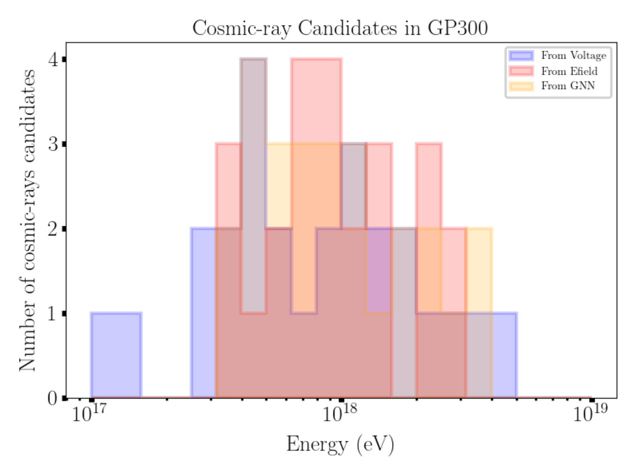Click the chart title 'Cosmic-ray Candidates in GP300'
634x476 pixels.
click(340, 28)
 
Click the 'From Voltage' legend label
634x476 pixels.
click(573, 56)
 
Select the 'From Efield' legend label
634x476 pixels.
click(569, 71)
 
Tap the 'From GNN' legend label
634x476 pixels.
click(568, 86)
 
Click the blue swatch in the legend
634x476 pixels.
click(521, 56)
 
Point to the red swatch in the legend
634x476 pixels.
click(521, 71)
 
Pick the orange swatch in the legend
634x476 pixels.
click(521, 86)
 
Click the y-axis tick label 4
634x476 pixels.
click(53, 60)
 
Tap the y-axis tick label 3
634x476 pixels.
click(53, 144)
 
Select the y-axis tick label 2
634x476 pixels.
click(53, 229)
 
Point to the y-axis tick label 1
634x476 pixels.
click(53, 314)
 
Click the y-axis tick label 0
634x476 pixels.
click(53, 398)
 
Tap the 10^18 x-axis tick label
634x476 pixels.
click(340, 413)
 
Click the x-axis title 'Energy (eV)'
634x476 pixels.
click(340, 444)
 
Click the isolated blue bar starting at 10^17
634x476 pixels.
click(116, 355)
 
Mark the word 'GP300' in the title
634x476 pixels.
click(457, 28)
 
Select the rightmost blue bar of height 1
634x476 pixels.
click(504, 355)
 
